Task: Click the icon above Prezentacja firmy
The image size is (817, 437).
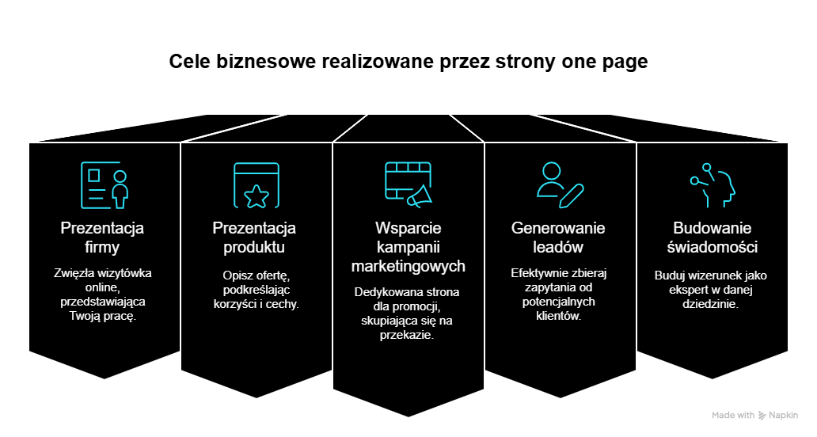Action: pos(103,185)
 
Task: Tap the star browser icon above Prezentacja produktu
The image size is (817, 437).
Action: pos(256,185)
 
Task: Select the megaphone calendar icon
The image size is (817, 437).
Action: pos(408,185)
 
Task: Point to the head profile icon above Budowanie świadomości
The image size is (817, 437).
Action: pos(712,185)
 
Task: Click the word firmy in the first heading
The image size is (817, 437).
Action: pos(102,248)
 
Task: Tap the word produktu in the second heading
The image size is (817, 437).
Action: pos(254,248)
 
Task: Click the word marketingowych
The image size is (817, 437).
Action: pos(408,266)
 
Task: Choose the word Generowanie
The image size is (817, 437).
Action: pos(558,229)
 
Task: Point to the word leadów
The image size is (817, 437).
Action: pos(558,248)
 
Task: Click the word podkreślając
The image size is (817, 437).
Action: pos(256,290)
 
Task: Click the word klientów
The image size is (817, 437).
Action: pos(558,316)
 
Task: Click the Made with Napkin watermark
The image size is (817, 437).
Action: pos(754,415)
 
